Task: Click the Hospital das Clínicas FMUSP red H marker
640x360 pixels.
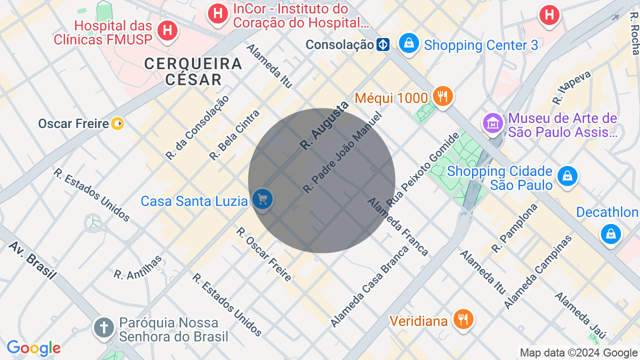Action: coord(167,31)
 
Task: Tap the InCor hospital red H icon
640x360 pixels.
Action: coord(218,13)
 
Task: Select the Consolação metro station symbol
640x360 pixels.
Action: coord(383,44)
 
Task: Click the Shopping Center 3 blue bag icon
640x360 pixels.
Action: coord(409,43)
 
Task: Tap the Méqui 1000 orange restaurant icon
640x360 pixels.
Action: coord(442,96)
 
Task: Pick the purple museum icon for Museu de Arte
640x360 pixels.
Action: coord(493,122)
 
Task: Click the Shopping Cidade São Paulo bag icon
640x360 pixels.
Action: coord(567,176)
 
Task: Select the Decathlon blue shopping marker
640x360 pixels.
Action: coord(610,233)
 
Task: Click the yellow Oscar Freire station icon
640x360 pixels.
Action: coord(117,123)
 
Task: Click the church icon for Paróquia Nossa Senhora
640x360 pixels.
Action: coord(104,328)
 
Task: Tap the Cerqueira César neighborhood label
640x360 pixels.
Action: coord(193,71)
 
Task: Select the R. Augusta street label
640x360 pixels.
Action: coord(323,125)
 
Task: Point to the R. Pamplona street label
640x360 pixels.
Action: coord(514,228)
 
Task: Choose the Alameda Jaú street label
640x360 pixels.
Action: coord(580,315)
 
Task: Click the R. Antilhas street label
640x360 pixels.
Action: coord(138,267)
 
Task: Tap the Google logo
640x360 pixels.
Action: coord(33,348)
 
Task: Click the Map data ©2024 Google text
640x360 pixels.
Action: coord(578,353)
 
